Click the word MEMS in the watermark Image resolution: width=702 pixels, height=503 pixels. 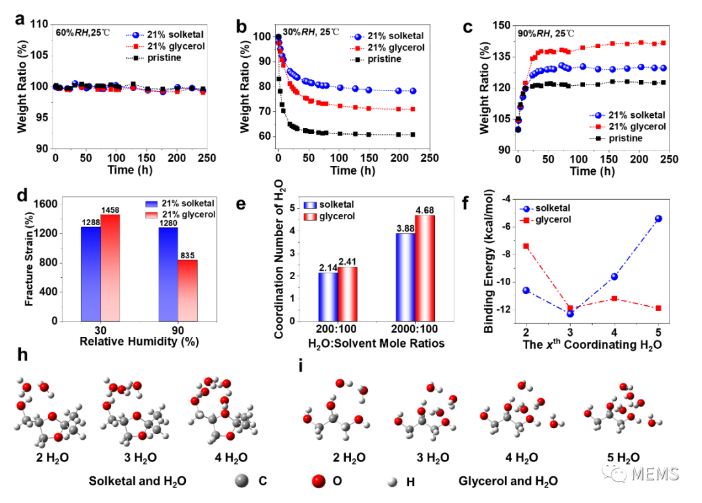tap(654, 474)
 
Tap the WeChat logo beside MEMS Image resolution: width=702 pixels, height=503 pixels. tap(614, 471)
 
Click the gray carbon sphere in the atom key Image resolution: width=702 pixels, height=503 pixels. tap(242, 481)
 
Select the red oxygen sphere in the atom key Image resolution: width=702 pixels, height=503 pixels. tap(318, 481)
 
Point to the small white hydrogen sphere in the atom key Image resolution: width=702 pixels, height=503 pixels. tap(392, 482)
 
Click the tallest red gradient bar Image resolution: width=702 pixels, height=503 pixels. tap(110, 267)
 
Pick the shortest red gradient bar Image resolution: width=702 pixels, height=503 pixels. tap(187, 290)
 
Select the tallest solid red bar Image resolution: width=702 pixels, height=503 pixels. tap(424, 267)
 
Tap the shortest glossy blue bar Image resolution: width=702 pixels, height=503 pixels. tap(328, 297)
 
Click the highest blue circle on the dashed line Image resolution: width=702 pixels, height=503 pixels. tap(658, 219)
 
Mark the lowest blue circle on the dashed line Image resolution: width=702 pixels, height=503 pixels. tap(570, 314)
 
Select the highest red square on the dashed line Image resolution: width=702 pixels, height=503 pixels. tap(526, 246)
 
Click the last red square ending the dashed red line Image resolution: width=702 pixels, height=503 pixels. tap(658, 307)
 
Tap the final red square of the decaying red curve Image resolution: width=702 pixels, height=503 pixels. tap(412, 109)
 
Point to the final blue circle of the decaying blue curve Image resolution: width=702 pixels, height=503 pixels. tap(413, 91)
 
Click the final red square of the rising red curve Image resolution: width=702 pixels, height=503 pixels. tap(663, 43)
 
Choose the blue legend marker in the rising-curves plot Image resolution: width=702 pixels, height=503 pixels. tap(597, 115)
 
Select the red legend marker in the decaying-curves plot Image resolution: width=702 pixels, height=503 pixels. tap(357, 48)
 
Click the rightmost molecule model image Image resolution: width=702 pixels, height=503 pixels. tap(621, 409)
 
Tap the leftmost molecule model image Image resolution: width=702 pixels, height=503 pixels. tap(45, 413)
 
